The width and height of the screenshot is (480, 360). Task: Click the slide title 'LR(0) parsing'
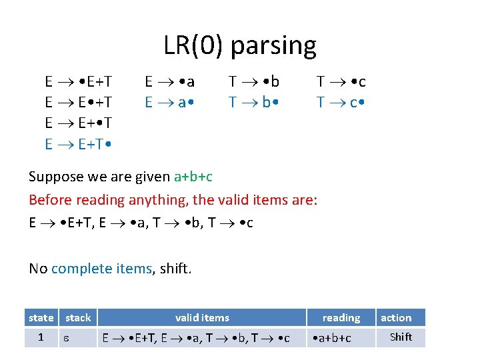240,45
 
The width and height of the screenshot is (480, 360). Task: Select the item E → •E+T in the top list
78,81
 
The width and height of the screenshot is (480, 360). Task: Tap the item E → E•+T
78,102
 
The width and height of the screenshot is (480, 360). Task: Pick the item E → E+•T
78,123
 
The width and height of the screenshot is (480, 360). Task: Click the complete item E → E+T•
78,143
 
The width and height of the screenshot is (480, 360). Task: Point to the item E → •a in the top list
170,81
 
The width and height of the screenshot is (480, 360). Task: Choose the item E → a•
170,102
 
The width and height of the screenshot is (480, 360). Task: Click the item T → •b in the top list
254,81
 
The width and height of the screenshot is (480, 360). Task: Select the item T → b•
254,102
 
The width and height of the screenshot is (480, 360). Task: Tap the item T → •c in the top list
341,81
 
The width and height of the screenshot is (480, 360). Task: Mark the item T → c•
341,102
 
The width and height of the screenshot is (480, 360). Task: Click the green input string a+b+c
193,177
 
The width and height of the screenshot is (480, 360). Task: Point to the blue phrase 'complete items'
101,269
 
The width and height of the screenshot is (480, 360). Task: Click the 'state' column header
41,317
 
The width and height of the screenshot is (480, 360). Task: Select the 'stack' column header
78,317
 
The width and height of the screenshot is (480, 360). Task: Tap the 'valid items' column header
202,318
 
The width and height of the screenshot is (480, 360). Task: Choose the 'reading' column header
341,318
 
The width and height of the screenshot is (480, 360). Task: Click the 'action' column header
396,318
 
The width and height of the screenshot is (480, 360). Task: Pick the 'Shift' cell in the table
401,337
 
